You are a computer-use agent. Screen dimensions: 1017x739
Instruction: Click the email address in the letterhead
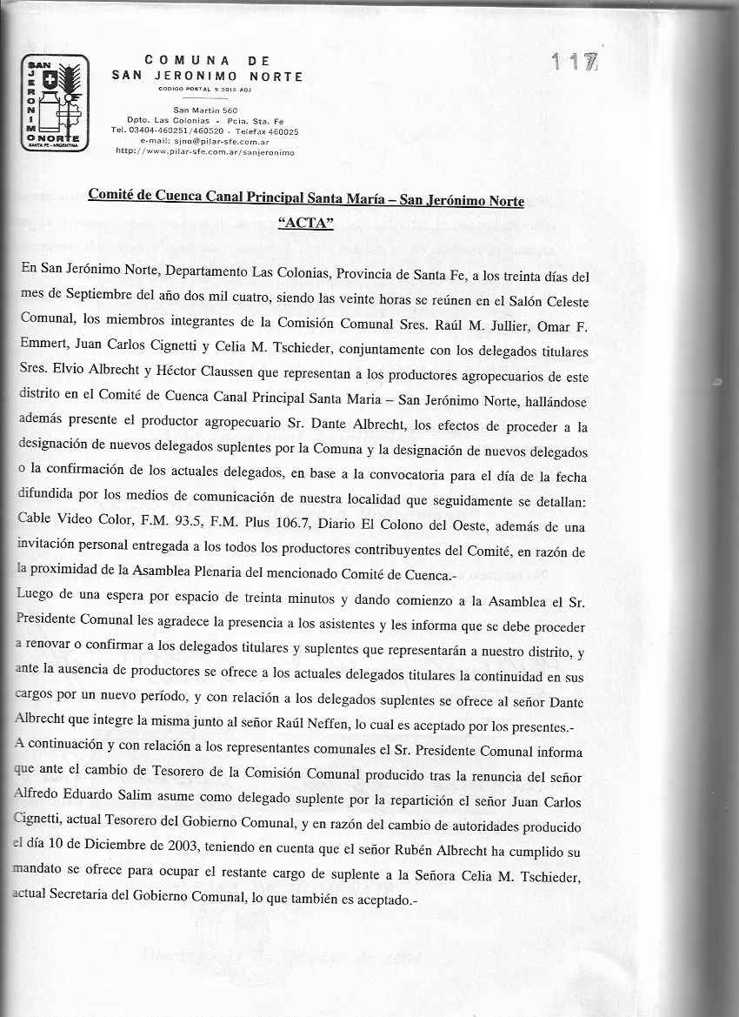204,140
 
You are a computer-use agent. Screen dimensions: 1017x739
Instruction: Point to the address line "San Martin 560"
205,110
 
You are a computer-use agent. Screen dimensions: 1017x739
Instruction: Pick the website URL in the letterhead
205,151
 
